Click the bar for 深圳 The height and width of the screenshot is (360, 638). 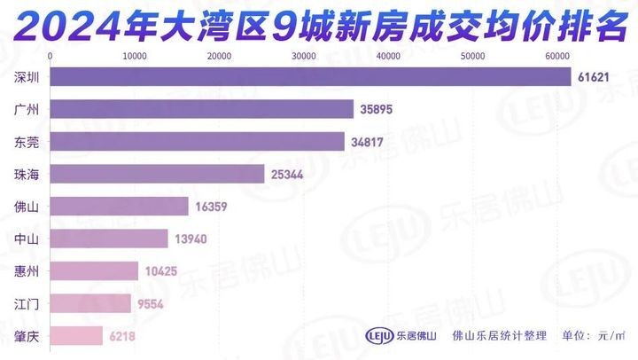[x=310, y=77]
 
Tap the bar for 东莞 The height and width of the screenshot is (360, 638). [x=198, y=142]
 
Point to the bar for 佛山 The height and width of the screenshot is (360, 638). [x=120, y=207]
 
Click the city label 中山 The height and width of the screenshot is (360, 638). [x=27, y=239]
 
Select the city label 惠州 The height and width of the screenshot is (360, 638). [x=27, y=271]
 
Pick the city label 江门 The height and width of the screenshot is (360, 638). [x=27, y=304]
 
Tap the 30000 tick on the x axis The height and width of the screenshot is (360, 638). [x=304, y=56]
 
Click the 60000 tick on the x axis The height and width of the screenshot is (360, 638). [x=556, y=56]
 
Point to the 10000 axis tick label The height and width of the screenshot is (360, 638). [x=135, y=56]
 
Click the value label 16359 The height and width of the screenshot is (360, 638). [x=214, y=207]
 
